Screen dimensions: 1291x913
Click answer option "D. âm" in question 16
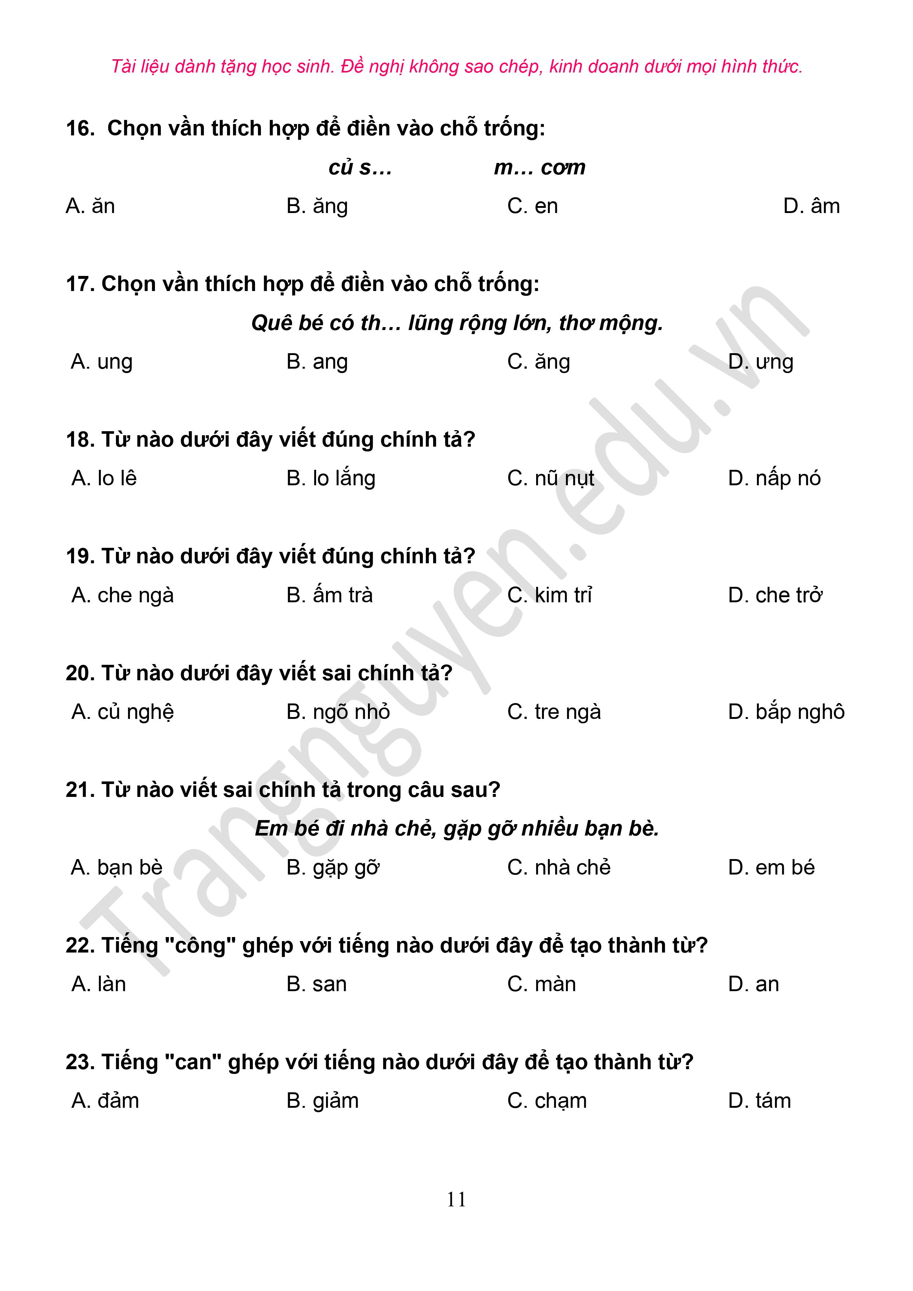[x=811, y=206]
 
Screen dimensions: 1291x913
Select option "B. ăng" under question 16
[x=317, y=206]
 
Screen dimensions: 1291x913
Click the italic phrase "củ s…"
[x=360, y=167]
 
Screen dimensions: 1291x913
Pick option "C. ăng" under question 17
[x=538, y=362]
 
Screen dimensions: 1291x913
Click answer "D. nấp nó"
[x=774, y=479]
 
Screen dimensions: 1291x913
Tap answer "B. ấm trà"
[x=329, y=595]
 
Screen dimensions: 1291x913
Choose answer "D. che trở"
[x=775, y=595]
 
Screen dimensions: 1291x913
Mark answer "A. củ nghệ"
[x=122, y=712]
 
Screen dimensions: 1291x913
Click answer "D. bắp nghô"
[x=786, y=712]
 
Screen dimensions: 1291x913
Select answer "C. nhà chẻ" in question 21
[x=559, y=868]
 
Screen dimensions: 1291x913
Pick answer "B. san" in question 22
[x=316, y=984]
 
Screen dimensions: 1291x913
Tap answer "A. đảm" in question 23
[x=105, y=1100]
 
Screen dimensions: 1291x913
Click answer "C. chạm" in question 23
[x=547, y=1100]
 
